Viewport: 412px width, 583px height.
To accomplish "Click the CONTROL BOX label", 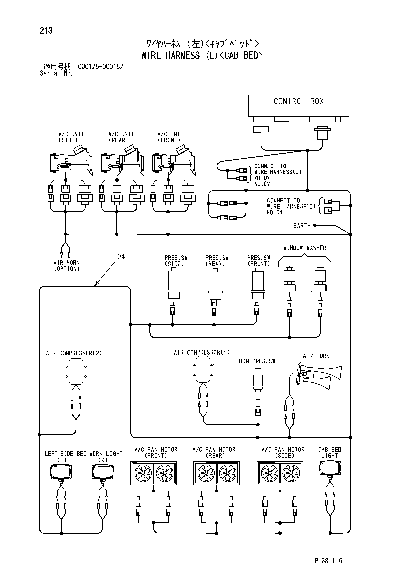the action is pyautogui.click(x=299, y=101).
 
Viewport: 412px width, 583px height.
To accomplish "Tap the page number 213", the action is pyautogui.click(x=46, y=30).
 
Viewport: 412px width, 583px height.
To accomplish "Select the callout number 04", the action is pyautogui.click(x=121, y=257).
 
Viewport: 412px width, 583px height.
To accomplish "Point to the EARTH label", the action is pyautogui.click(x=302, y=226).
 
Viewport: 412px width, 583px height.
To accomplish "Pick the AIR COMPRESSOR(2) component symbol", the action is pyautogui.click(x=76, y=371).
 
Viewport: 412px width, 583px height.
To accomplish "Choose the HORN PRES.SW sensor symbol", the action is pyautogui.click(x=258, y=380).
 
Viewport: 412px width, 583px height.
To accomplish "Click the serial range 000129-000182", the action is pyautogui.click(x=101, y=67).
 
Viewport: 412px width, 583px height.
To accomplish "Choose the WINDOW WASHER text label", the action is pyautogui.click(x=305, y=248).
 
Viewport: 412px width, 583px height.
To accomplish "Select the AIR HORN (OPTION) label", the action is pyautogui.click(x=67, y=266).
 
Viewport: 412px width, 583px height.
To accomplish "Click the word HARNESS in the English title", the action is pyautogui.click(x=183, y=55).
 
